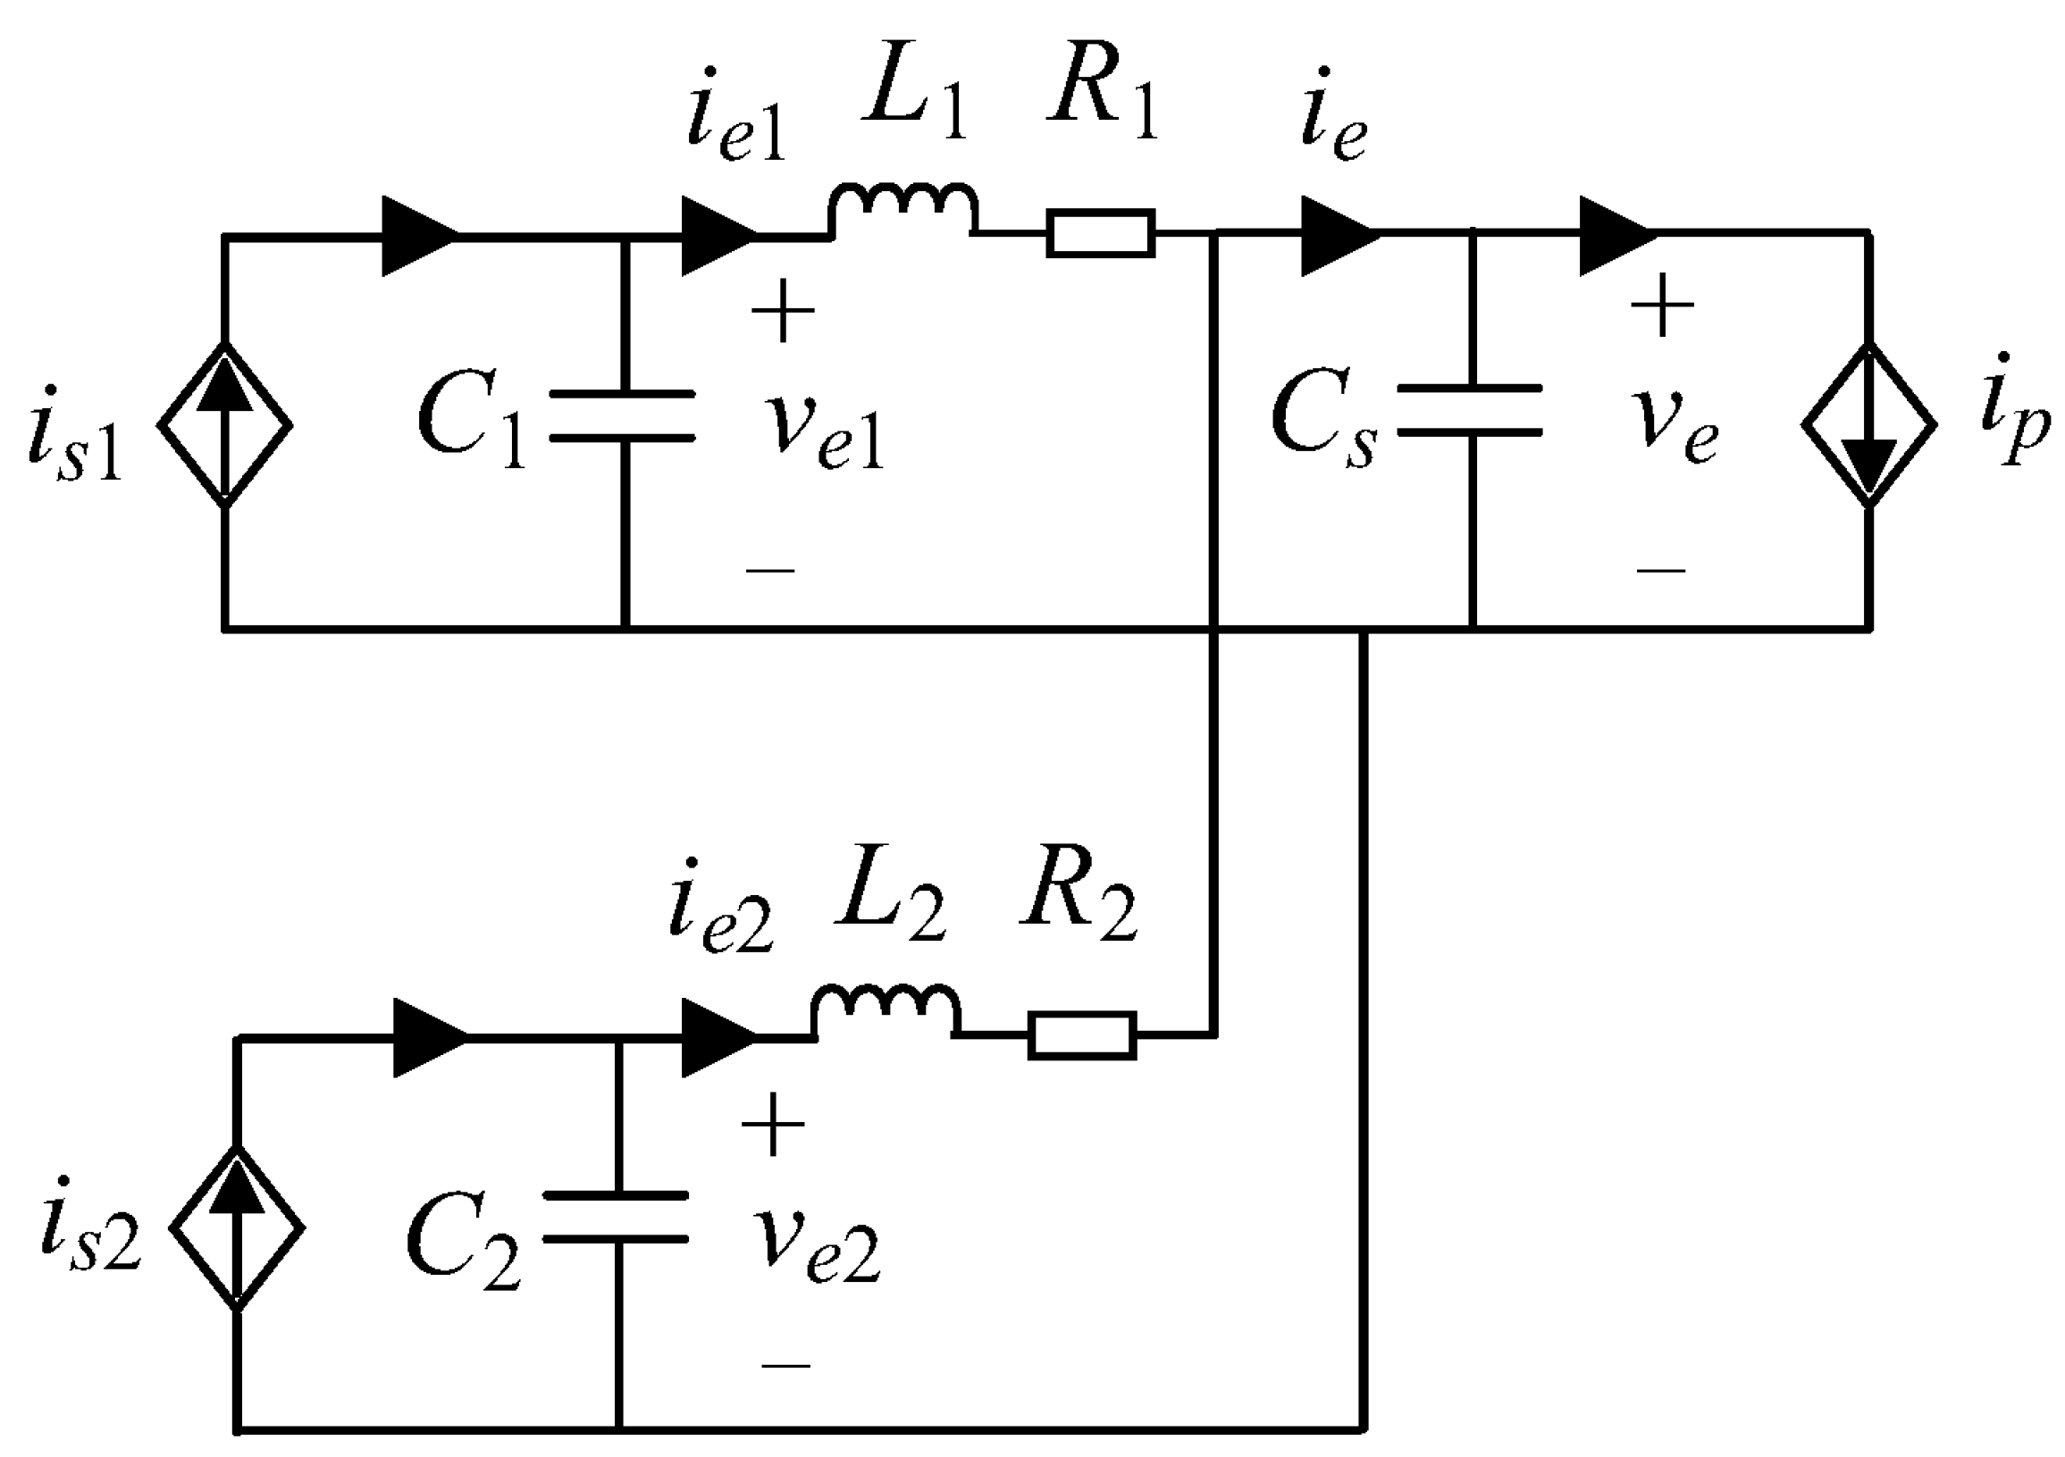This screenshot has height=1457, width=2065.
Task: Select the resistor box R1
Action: pyautogui.click(x=1100, y=234)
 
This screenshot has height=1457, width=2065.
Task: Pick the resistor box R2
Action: pyautogui.click(x=1082, y=1036)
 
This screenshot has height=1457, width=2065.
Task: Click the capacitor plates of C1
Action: pyautogui.click(x=622, y=415)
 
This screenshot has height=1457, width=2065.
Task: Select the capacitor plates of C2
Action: pyautogui.click(x=616, y=1218)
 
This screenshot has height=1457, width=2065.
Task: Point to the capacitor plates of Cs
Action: pyautogui.click(x=1470, y=410)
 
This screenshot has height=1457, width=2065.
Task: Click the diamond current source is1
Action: pyautogui.click(x=225, y=424)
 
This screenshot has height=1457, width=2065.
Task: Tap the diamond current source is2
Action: pyautogui.click(x=238, y=1227)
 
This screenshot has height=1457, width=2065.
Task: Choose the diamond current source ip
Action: pyautogui.click(x=1869, y=424)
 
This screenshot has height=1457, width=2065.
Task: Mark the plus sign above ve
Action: pyautogui.click(x=1661, y=306)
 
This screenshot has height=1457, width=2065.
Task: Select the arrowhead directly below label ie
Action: pyautogui.click(x=1339, y=236)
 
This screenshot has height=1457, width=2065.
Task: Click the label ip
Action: pyautogui.click(x=2013, y=423)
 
